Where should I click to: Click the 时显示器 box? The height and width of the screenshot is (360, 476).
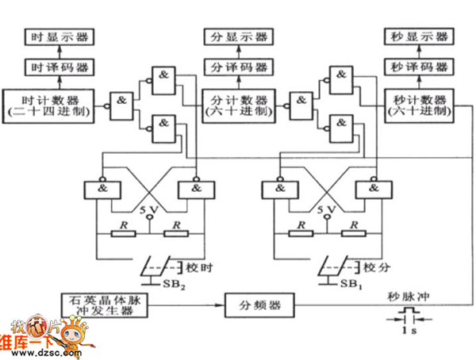pyautogui.click(x=59, y=37)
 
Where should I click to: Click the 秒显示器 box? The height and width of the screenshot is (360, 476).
pyautogui.click(x=419, y=37)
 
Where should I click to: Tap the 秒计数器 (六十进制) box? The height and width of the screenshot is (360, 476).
pyautogui.click(x=419, y=105)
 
